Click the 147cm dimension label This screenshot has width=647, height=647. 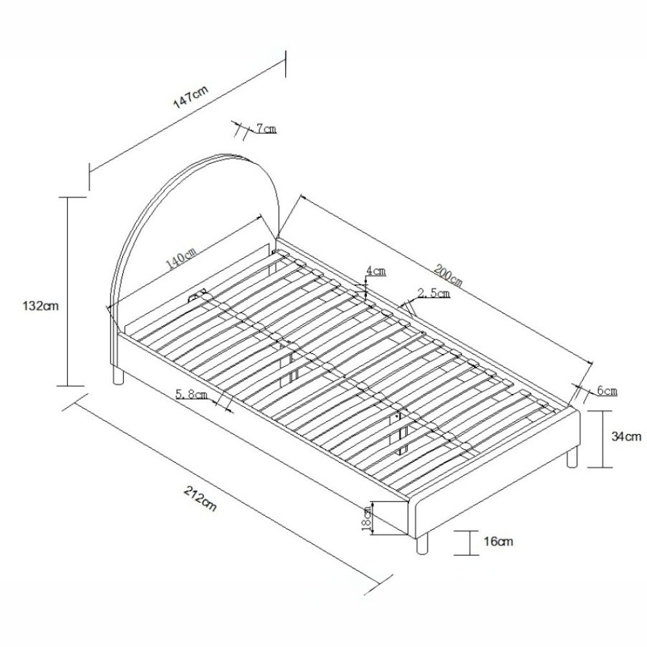point(191,98)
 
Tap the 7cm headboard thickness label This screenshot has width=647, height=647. point(266,129)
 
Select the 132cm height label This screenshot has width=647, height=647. point(41,306)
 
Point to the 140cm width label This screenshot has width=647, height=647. point(181,258)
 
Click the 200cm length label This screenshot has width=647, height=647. point(448,275)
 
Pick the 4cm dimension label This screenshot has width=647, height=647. point(376,271)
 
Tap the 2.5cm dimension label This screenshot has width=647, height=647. point(433,293)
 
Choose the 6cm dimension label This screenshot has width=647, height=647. point(608,390)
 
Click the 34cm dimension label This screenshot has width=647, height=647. point(626,437)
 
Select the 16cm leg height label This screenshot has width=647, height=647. point(498,541)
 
